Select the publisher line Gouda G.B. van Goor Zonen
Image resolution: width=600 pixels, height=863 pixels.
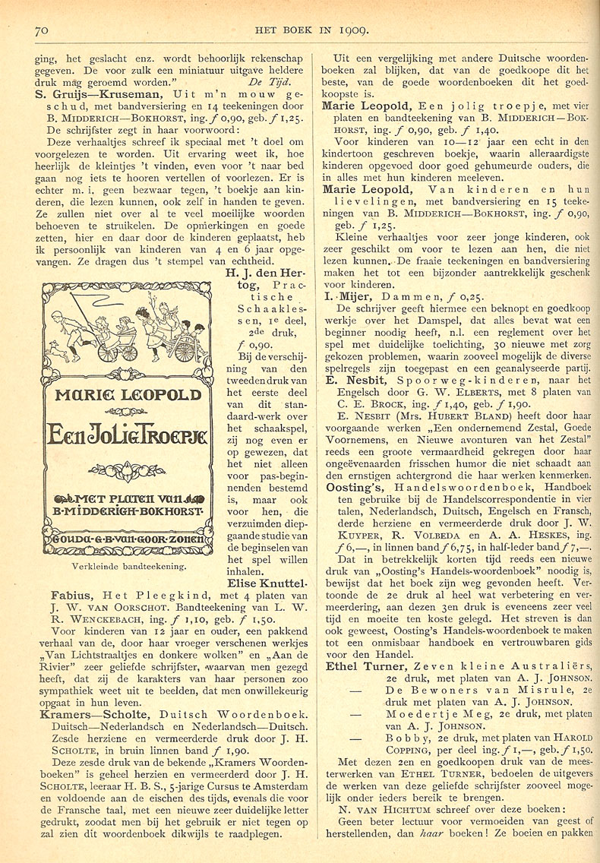click(124, 541)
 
